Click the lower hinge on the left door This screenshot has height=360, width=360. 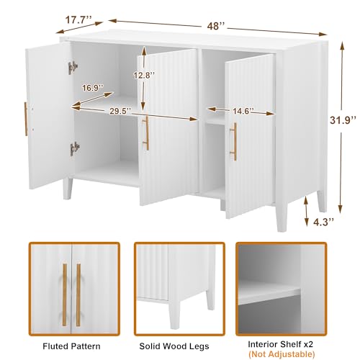pos(73,148)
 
